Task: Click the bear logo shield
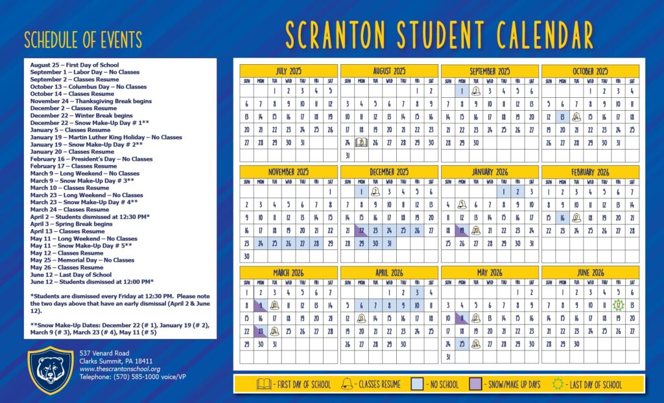(50, 370)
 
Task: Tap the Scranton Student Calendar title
(439, 35)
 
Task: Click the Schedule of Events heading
(82, 40)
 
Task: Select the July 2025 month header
(288, 71)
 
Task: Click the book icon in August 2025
(361, 142)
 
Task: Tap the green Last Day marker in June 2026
(619, 305)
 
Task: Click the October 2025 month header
(590, 71)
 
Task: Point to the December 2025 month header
(389, 172)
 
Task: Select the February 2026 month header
(590, 172)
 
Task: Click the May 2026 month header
(490, 273)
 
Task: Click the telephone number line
(121, 376)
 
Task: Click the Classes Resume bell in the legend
(347, 384)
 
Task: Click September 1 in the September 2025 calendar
(462, 91)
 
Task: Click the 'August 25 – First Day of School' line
(75, 65)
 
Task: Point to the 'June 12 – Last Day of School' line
(71, 275)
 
